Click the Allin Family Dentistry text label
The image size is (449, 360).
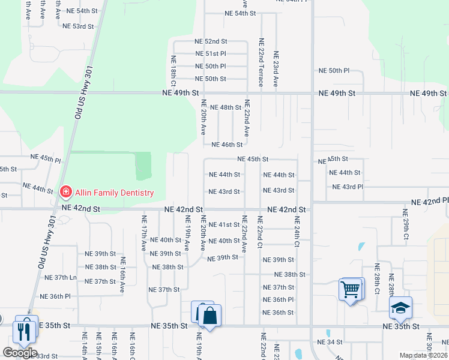point(114,193)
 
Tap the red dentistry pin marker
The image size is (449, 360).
point(65,193)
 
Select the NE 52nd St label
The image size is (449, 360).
point(211,41)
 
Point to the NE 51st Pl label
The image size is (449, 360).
point(210,54)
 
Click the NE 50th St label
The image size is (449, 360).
point(210,79)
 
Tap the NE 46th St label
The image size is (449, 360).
point(227,145)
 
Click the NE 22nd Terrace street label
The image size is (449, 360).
point(261,63)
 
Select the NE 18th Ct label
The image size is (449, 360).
point(173,68)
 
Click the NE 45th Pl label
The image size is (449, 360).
point(46,160)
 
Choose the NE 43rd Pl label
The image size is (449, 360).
point(348,187)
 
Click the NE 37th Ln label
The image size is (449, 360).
point(61,278)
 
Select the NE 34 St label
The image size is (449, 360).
point(330,342)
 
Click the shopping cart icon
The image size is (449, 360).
point(351,290)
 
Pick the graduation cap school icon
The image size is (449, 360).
point(400,308)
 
